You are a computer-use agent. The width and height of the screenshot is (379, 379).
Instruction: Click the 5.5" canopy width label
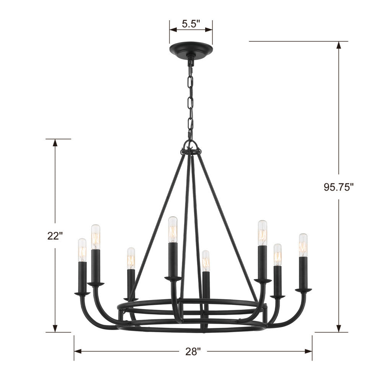pos(191,24)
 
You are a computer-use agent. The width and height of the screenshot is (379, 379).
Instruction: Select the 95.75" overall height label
pos(338,187)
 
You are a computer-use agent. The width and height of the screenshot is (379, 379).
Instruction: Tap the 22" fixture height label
pos(55,236)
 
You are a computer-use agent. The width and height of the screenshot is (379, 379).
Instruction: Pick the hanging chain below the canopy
pos(190,100)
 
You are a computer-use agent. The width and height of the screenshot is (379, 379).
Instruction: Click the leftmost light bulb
pos(82,250)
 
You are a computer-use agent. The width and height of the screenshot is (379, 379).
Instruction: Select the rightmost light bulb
pos(303,245)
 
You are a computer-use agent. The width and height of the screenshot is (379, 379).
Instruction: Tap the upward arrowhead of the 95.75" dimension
pos(338,46)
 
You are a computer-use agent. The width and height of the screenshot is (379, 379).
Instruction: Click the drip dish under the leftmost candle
pos(82,294)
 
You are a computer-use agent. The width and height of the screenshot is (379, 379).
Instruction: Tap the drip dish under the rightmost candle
pos(303,290)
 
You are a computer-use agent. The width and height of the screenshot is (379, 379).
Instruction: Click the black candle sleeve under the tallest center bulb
pos(173,258)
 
